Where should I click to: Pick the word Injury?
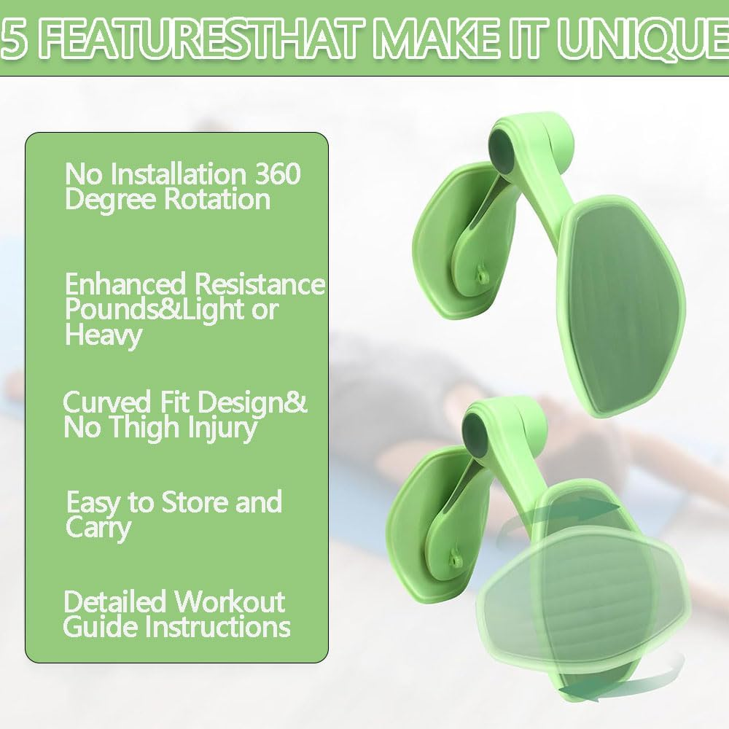coord(222,429)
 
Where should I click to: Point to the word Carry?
coord(98,528)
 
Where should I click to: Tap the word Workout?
coord(229,602)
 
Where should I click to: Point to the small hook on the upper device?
coord(480,274)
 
